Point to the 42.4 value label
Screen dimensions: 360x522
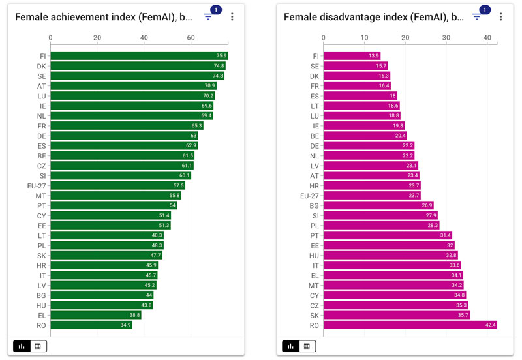coord(490,325)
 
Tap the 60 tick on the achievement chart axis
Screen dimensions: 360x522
coord(191,38)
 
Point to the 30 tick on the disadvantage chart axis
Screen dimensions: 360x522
coord(446,38)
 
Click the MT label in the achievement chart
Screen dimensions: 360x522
coord(41,196)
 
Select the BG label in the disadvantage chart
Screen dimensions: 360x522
coord(314,205)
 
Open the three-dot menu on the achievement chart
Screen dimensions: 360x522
coord(232,17)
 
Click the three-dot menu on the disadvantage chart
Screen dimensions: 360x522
coord(501,17)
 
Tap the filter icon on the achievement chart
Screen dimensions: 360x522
coord(208,17)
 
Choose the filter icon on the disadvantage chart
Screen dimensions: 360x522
coord(477,17)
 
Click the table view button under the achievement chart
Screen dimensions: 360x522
coord(38,346)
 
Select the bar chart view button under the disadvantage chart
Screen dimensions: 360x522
coord(291,346)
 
